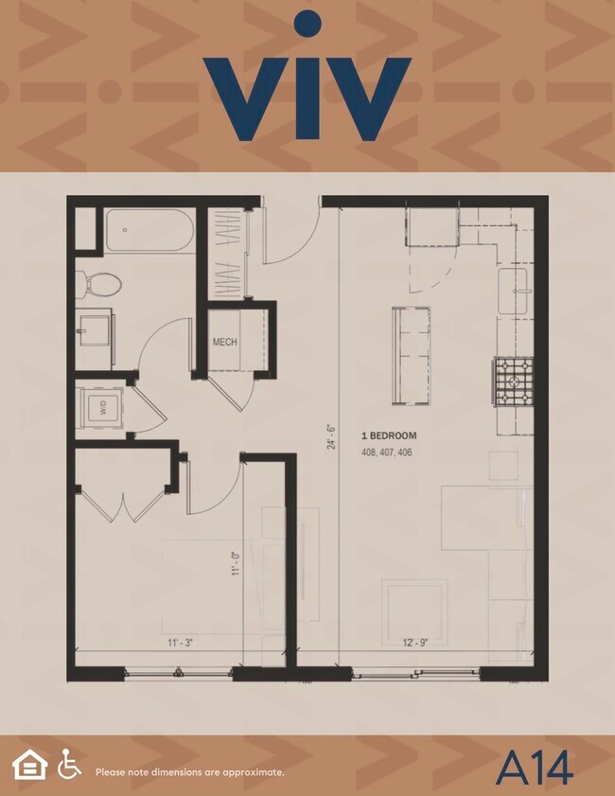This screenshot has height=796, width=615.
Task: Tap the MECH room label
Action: [x=224, y=342]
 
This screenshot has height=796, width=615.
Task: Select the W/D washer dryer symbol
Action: [x=100, y=409]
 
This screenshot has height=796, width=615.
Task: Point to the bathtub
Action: [x=149, y=230]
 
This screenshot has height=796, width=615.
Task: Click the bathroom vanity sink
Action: [x=95, y=327]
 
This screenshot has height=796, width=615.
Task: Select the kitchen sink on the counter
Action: [x=516, y=289]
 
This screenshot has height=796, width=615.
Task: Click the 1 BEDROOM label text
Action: [x=388, y=435]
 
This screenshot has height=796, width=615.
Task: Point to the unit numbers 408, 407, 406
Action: [x=386, y=452]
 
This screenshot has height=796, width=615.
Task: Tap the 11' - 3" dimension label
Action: [x=181, y=643]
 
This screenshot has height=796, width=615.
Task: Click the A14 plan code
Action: [x=534, y=768]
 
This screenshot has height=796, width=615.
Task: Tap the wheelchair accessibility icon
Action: [x=69, y=764]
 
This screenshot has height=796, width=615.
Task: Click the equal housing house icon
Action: [x=29, y=764]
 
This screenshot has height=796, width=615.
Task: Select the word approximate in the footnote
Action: [x=255, y=772]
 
